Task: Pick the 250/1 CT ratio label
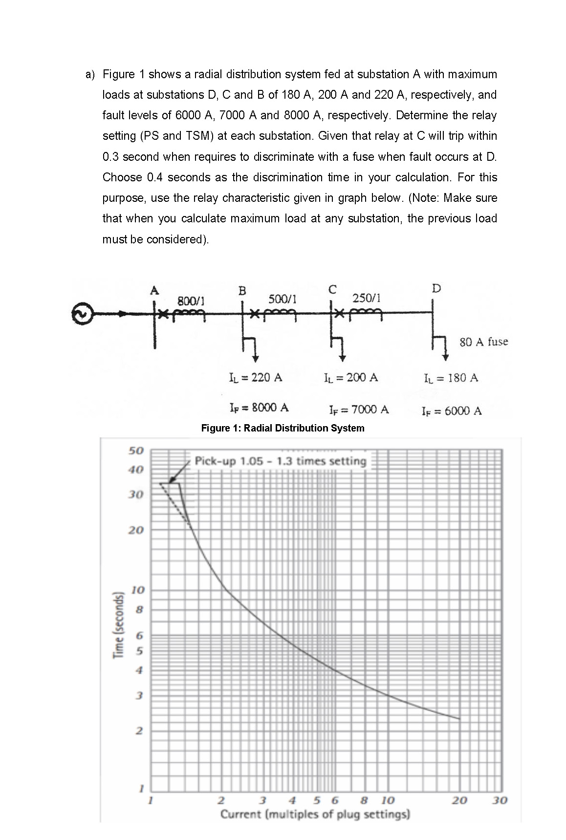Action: pyautogui.click(x=366, y=298)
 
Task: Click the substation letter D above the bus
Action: pyautogui.click(x=436, y=288)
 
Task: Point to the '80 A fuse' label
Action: pyautogui.click(x=483, y=342)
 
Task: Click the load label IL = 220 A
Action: pyautogui.click(x=255, y=377)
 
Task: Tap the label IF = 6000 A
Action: pyautogui.click(x=451, y=410)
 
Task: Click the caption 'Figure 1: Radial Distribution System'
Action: pyautogui.click(x=283, y=428)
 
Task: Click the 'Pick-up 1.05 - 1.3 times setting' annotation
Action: pyautogui.click(x=280, y=461)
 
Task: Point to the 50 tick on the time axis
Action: pyautogui.click(x=136, y=450)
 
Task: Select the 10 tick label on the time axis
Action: pyautogui.click(x=137, y=589)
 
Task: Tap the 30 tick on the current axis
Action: pyautogui.click(x=500, y=800)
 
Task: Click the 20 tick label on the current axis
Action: pyautogui.click(x=459, y=800)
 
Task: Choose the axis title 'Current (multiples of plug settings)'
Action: pyautogui.click(x=315, y=815)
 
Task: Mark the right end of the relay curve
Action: pyautogui.click(x=459, y=719)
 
